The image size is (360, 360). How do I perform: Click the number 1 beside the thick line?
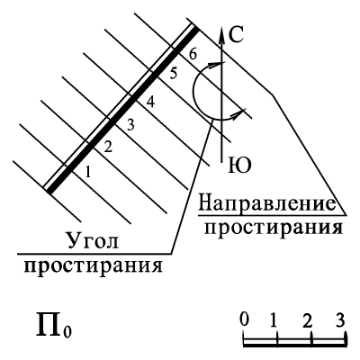[x=87, y=172]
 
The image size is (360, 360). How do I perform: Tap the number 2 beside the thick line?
[x=108, y=147]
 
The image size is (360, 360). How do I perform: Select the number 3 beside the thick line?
[x=130, y=125]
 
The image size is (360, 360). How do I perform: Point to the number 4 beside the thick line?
[x=150, y=103]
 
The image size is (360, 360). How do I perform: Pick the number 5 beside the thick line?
[x=173, y=74]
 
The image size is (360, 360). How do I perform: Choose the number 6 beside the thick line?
[x=193, y=54]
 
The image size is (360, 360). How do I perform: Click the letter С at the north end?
[x=236, y=35]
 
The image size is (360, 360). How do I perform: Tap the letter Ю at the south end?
[x=239, y=166]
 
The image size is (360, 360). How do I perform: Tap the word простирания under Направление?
[x=273, y=228]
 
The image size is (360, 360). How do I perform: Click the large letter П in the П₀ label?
[x=49, y=324]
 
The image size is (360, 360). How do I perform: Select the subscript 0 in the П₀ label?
[x=67, y=331]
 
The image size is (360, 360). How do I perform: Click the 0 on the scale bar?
[x=245, y=319]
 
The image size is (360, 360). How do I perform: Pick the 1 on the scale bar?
[x=274, y=320]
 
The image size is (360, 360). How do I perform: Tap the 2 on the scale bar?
[x=308, y=320]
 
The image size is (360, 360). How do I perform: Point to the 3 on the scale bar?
[x=340, y=319]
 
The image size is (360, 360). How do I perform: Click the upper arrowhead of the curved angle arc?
[x=219, y=64]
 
